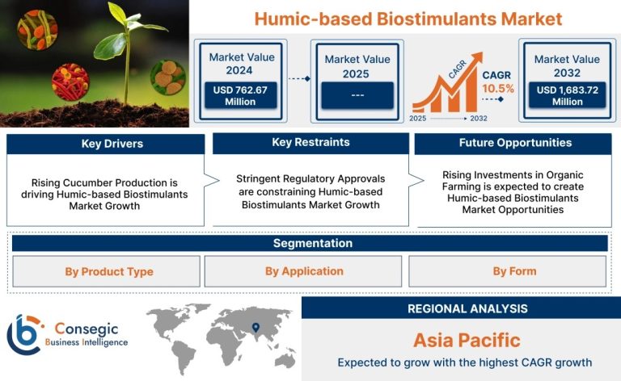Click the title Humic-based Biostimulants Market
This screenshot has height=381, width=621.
(408, 19)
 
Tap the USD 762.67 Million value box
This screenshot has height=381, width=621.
(240, 95)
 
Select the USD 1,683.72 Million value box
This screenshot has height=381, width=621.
(567, 95)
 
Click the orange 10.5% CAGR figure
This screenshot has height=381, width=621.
(498, 89)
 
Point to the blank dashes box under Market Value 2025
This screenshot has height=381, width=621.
(357, 95)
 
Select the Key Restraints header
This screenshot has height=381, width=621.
(310, 143)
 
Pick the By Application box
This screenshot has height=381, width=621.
(303, 271)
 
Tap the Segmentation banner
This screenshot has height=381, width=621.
(310, 243)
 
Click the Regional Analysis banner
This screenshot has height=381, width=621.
(462, 308)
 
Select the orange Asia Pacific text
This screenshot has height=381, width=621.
(467, 341)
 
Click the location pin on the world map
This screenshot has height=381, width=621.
(256, 327)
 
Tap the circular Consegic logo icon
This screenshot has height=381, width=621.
(24, 334)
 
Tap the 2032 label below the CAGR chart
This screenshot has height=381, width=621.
(479, 118)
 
